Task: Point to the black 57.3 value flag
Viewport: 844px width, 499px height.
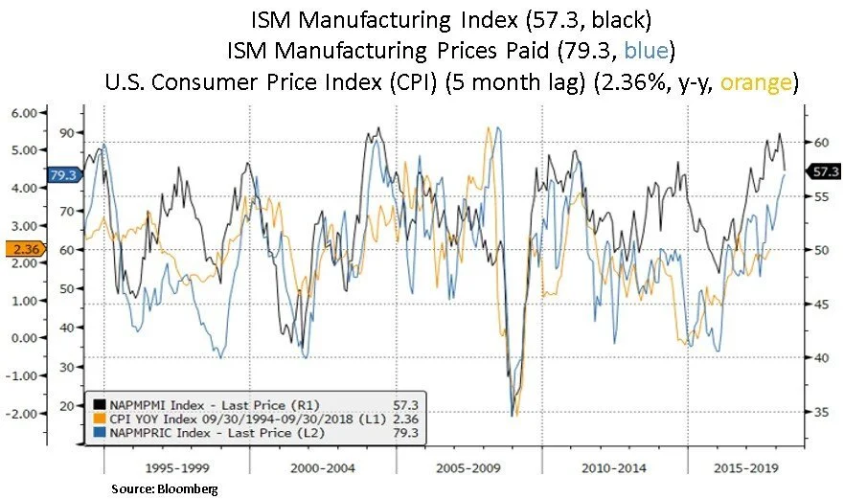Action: [824, 171]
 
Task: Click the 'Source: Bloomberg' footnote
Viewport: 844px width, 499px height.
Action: [164, 488]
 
